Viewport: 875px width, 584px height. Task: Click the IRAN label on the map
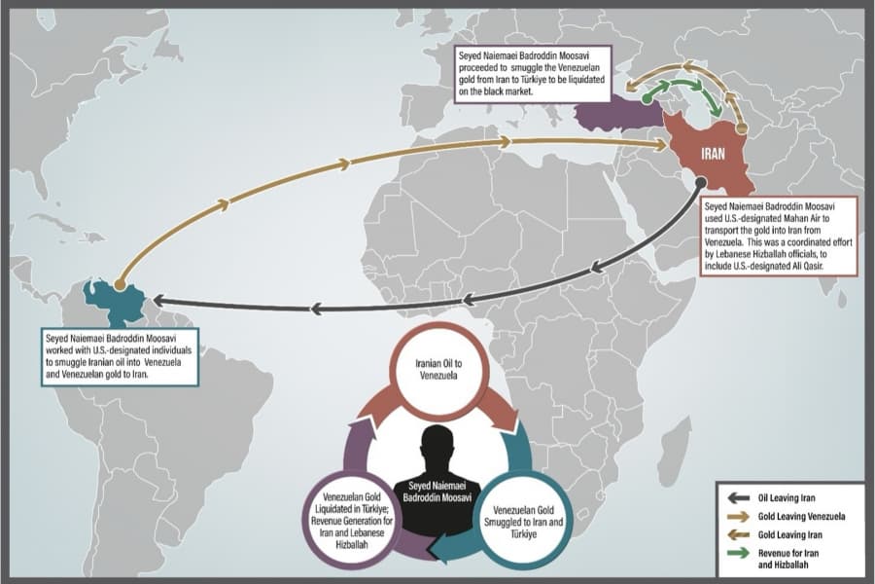click(x=713, y=153)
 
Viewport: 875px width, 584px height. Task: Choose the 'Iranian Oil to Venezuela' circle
click(x=438, y=370)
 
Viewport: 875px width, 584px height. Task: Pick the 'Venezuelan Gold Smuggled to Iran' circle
click(x=523, y=522)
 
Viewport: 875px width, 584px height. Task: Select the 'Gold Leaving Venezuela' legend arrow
click(x=738, y=517)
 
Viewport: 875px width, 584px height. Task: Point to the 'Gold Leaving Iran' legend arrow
click(x=738, y=534)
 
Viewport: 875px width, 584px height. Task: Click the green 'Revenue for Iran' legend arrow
click(x=738, y=553)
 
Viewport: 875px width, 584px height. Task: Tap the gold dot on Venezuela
click(x=119, y=285)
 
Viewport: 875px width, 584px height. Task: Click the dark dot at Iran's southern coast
click(x=701, y=182)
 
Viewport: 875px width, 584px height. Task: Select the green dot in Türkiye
click(x=647, y=99)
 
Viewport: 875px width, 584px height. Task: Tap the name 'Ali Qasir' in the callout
click(x=808, y=266)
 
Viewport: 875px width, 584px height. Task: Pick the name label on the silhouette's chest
click(x=437, y=492)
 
